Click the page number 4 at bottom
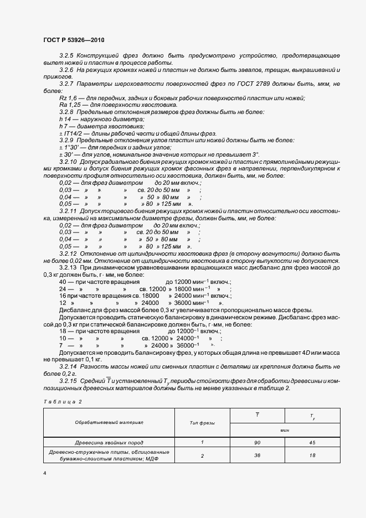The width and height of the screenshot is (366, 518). [x=44, y=473]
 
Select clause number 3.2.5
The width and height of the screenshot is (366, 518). [x=66, y=56]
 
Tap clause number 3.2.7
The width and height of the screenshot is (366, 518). [x=66, y=84]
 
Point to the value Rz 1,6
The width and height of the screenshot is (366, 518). [x=67, y=98]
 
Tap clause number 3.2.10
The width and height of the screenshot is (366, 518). [x=68, y=161]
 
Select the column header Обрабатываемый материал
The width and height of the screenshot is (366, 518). [x=109, y=422]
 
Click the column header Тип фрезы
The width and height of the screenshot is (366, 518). [x=202, y=422]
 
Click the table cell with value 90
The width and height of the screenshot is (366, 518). [x=257, y=443]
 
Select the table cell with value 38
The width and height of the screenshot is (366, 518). [x=257, y=455]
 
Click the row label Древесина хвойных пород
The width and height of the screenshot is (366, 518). [x=109, y=443]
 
